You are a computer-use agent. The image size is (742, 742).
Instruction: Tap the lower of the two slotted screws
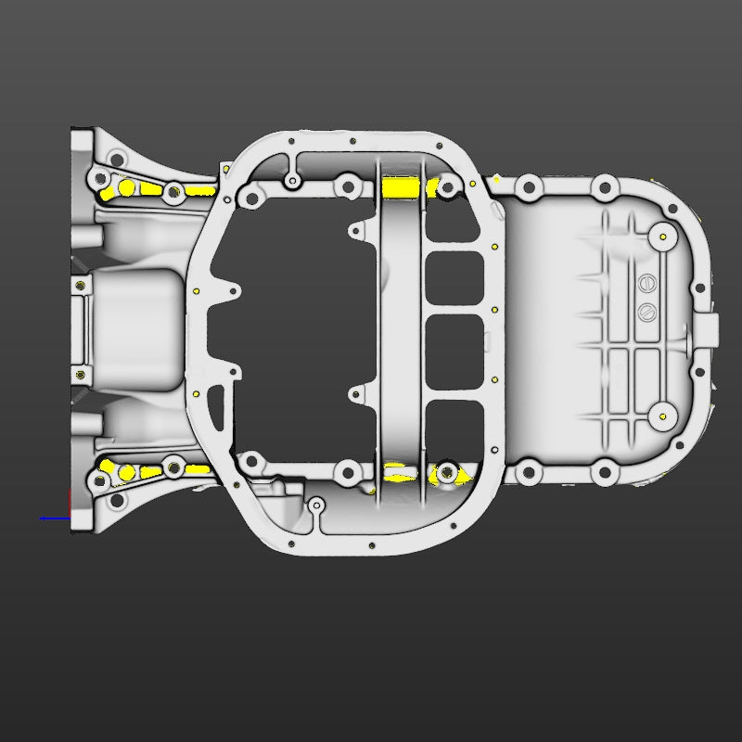tap(646, 309)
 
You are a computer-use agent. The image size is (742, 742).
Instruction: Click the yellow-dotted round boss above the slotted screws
tap(664, 237)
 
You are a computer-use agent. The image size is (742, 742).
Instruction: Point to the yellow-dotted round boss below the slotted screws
tap(664, 415)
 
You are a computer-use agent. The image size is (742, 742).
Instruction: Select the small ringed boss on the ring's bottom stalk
tap(316, 505)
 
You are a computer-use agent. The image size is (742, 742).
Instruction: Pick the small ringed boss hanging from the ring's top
tap(293, 179)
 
